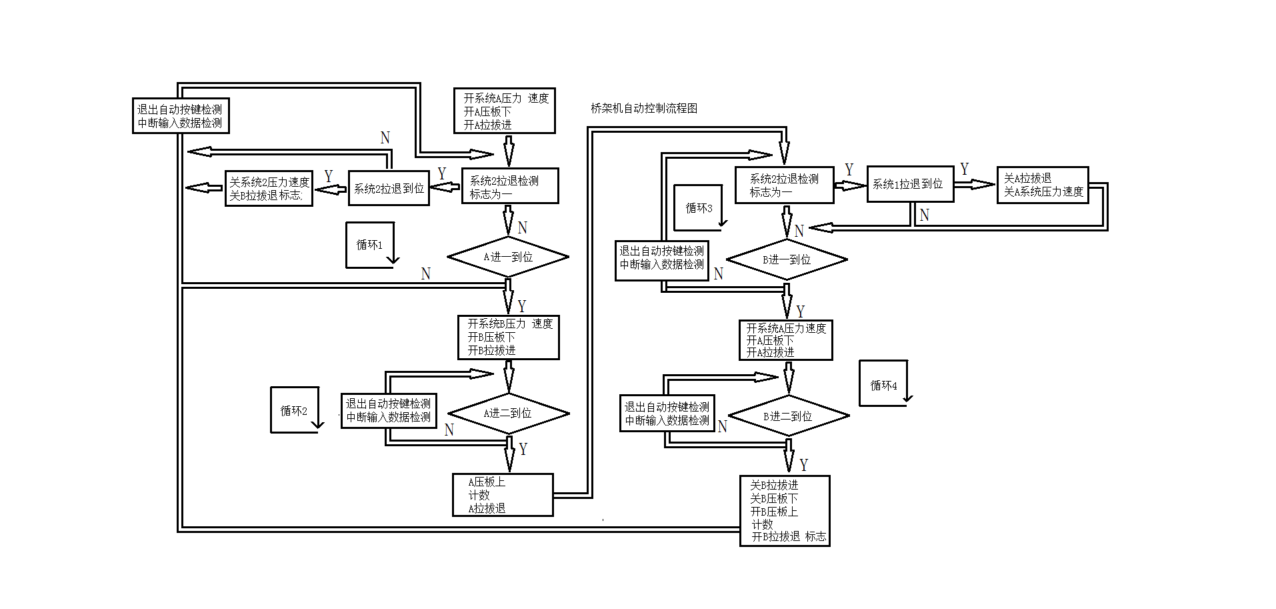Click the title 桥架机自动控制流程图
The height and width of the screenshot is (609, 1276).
pos(643,108)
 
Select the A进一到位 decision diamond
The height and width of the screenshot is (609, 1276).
pos(508,257)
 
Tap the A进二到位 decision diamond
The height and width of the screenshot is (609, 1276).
pos(508,414)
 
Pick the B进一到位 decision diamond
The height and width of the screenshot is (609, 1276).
pos(787,259)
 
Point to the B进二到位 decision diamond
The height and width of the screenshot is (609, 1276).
pos(788,416)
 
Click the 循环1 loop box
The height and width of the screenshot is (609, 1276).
pos(370,245)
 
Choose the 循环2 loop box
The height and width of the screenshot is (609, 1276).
pos(294,410)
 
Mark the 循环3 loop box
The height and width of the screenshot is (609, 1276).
pos(698,208)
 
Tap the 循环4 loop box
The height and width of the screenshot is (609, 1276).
pos(883,385)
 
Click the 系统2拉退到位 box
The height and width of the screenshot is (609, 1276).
pos(389,188)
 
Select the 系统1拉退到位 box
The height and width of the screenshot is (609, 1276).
pos(910,184)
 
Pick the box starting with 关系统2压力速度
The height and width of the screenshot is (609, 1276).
pos(269,189)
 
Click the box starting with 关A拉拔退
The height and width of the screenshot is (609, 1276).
pos(1043,185)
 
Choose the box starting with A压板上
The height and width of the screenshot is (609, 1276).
pos(503,495)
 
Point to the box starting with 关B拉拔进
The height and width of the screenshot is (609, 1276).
pos(785,511)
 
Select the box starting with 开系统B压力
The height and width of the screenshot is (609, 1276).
pos(508,338)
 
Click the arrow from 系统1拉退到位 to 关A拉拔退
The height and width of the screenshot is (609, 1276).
pos(975,184)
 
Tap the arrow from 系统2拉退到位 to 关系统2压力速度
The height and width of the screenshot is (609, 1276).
pos(331,190)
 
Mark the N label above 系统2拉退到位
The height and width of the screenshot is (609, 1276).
pos(385,138)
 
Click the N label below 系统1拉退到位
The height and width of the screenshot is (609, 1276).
pos(924,215)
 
